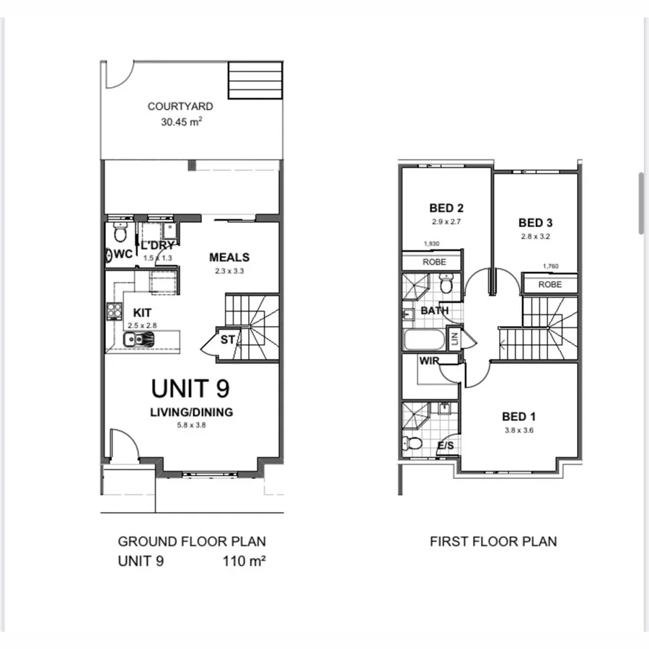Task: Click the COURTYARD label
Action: pos(180,106)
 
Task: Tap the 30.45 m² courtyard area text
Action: pos(181,122)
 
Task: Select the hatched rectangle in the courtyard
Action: pos(255,80)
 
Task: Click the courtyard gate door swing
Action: pos(117,74)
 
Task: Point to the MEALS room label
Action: pos(229,257)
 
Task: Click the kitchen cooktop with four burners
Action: pos(115,311)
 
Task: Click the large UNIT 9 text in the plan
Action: pos(190,388)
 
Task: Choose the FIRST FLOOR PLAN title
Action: pos(493,542)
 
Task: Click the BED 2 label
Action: pos(445,209)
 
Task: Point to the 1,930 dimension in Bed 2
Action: pos(432,245)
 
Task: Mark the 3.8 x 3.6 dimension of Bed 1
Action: pos(518,431)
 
